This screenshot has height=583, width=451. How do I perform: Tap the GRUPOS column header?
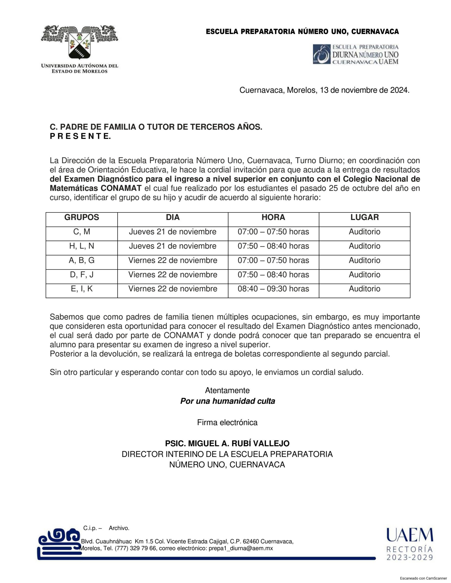tap(82, 217)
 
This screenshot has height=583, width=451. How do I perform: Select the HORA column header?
tap(273, 217)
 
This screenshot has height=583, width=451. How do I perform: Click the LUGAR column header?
tap(365, 217)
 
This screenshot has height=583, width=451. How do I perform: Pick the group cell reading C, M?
tap(82, 232)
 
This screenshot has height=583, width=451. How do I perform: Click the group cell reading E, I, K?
tap(82, 289)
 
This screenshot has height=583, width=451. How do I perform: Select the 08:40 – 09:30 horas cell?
tap(273, 289)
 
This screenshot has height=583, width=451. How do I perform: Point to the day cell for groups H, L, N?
tap(173, 246)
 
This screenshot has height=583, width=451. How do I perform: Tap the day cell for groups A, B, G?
tap(173, 260)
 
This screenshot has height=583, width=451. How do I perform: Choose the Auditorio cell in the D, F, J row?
tap(365, 275)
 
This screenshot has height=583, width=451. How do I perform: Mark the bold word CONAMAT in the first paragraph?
tap(121, 188)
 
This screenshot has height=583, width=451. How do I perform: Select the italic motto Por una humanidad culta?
tap(227, 401)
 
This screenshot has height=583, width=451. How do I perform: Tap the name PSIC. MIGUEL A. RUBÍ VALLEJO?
tap(227, 443)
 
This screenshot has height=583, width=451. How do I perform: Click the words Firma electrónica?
tap(227, 423)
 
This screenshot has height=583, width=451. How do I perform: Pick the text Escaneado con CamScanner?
tap(423, 578)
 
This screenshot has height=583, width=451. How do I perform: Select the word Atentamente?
tap(227, 391)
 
